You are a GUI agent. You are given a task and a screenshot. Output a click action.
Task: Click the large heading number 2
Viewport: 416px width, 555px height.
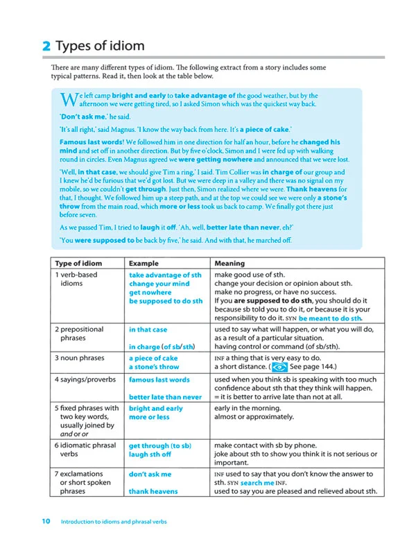[46, 46]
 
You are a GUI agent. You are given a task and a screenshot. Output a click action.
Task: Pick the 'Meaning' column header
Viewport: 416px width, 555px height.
[230, 264]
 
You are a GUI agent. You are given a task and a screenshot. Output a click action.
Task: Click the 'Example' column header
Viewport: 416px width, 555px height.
[144, 264]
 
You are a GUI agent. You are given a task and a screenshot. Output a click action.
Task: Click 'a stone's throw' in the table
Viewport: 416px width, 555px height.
[154, 367]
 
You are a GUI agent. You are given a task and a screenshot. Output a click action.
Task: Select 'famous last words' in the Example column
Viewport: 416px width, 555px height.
[159, 380]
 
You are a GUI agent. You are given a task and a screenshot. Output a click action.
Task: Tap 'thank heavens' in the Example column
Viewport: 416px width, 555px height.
[153, 491]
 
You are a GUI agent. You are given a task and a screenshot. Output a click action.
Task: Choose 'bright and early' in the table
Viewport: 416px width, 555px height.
[156, 409]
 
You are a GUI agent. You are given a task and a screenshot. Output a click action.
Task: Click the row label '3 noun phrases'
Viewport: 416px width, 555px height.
[83, 358]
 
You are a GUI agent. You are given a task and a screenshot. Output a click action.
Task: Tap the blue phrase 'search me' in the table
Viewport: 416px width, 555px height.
[257, 482]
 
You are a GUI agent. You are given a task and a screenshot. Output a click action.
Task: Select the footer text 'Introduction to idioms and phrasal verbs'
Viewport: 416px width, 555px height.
[114, 521]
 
